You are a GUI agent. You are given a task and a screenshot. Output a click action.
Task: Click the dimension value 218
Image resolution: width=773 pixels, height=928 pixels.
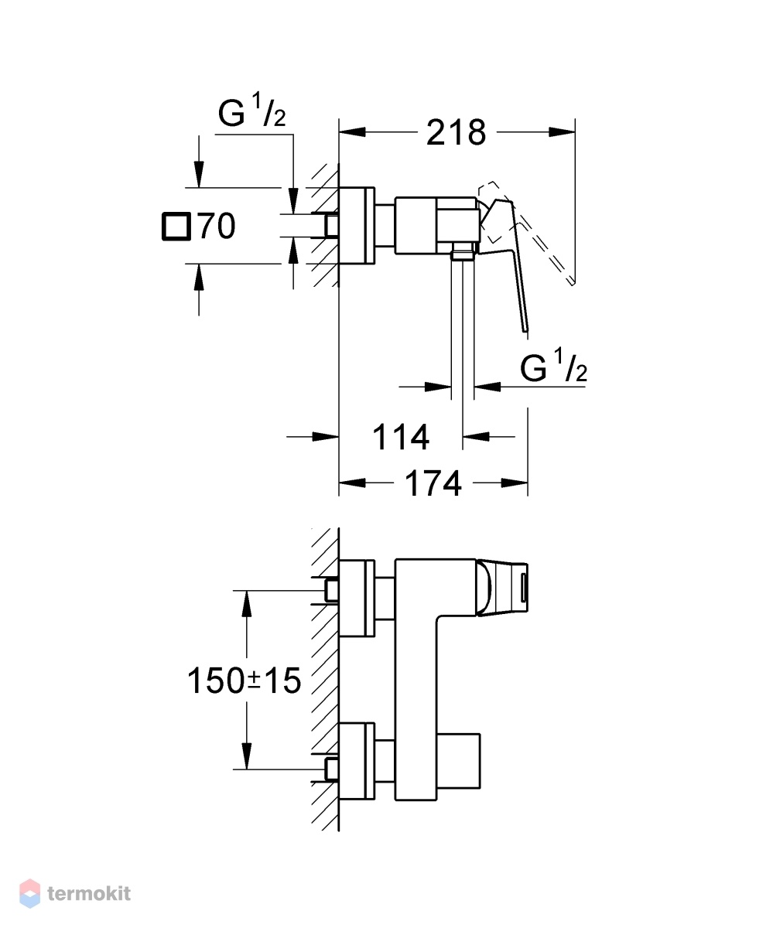pos(456,132)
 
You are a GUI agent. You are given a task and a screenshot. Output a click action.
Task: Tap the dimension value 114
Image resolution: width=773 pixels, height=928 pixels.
pos(401,438)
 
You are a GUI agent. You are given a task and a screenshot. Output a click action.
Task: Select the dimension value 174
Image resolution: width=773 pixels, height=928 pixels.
pos(433,483)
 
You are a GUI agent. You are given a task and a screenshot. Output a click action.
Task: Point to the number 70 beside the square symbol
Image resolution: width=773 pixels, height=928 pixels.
pos(217,226)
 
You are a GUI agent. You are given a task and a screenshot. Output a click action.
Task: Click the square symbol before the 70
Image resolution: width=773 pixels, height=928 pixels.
pos(176,227)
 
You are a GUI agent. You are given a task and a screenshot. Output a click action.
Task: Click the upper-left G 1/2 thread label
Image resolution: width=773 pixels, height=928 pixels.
pos(251,111)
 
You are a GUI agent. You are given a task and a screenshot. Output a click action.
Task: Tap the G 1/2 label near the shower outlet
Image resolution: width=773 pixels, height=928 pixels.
pos(553,365)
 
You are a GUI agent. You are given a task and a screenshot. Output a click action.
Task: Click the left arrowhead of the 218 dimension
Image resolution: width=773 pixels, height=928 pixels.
pos(352,132)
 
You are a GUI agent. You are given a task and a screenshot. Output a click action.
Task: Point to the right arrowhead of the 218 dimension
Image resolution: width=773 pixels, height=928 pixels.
pos(562,132)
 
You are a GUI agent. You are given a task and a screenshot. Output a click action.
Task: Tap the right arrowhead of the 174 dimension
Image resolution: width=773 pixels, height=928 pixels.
pos(515,483)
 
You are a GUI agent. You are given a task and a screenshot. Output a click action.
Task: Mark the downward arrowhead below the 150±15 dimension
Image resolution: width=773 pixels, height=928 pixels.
pos(246,756)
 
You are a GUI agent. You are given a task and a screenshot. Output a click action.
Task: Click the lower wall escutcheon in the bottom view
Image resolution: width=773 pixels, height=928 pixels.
pos(357,768)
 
